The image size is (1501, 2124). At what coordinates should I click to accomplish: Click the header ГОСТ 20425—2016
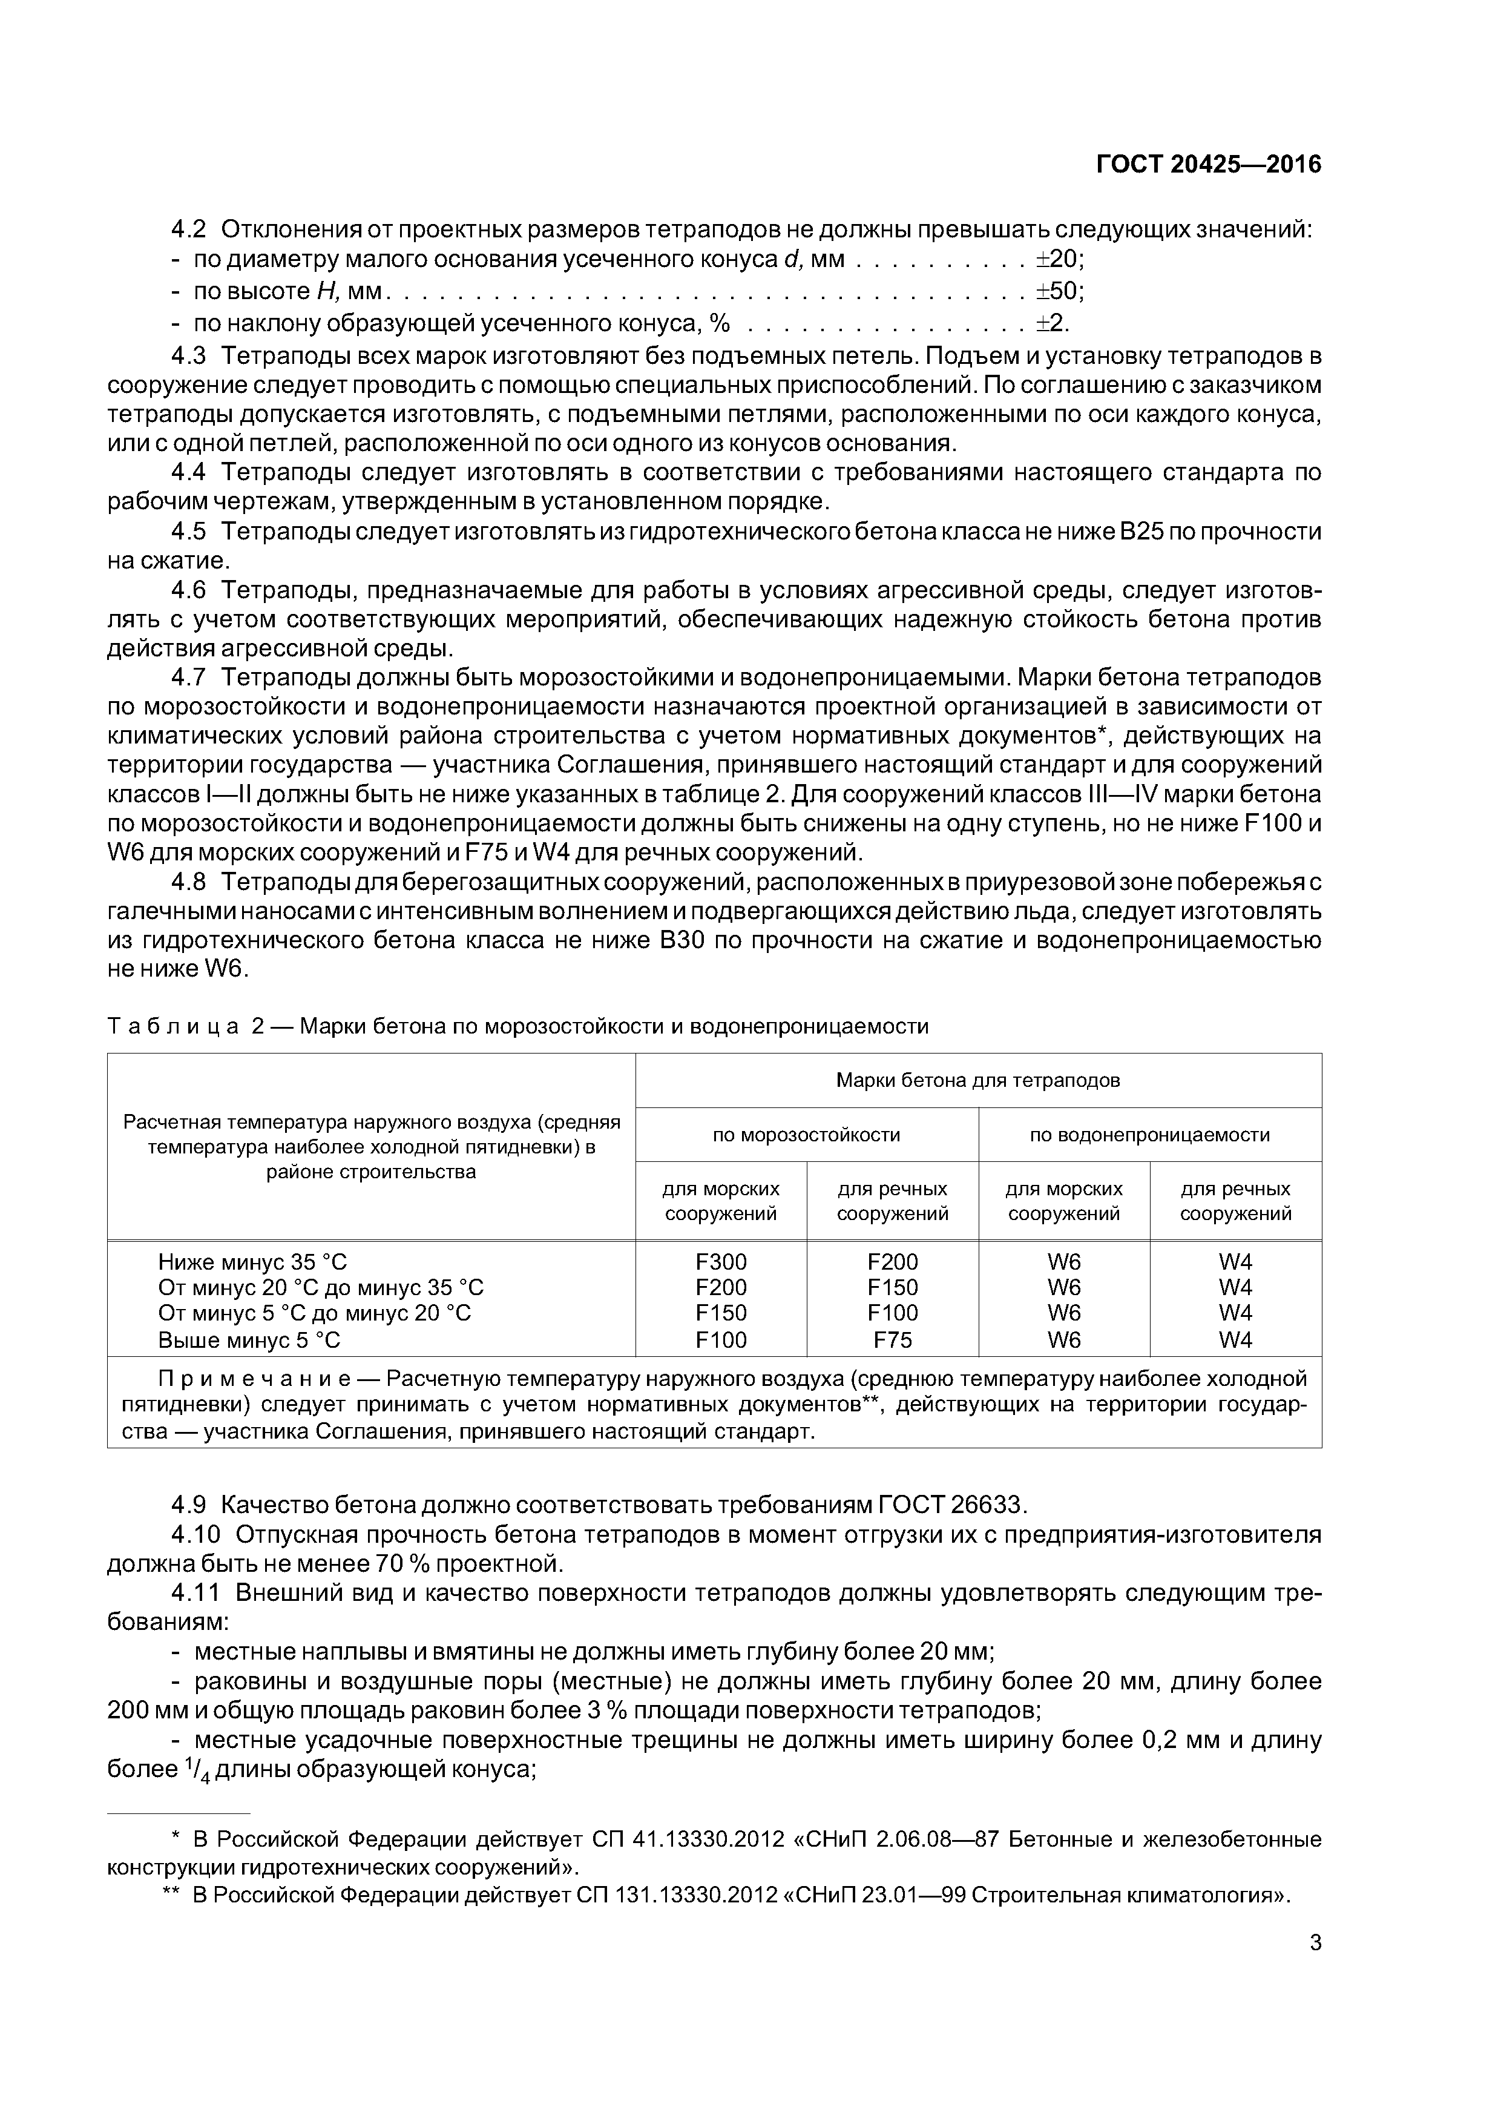click(x=1208, y=165)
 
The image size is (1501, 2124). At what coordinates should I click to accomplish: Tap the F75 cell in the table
click(x=893, y=1339)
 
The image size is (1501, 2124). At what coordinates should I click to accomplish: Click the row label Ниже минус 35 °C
click(x=252, y=1262)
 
